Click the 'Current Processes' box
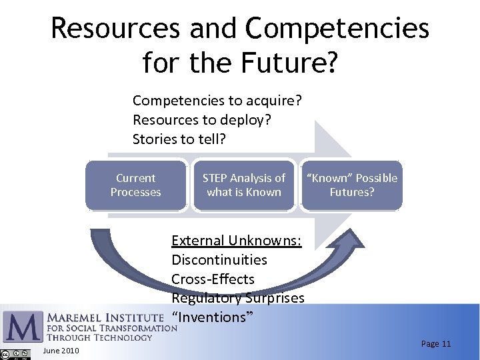pyautogui.click(x=136, y=185)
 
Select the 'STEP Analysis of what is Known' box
pyautogui.click(x=243, y=185)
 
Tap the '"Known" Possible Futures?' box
pyautogui.click(x=351, y=185)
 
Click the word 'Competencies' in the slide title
pyautogui.click(x=337, y=29)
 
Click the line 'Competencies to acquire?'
pyautogui.click(x=217, y=101)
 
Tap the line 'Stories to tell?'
pyautogui.click(x=179, y=139)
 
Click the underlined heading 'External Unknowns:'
pyautogui.click(x=236, y=241)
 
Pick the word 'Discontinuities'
pyautogui.click(x=219, y=260)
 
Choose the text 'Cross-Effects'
pyautogui.click(x=213, y=279)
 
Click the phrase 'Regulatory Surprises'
pyautogui.click(x=237, y=298)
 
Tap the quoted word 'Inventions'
pyautogui.click(x=212, y=317)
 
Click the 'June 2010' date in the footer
pyautogui.click(x=61, y=351)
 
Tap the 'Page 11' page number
pyautogui.click(x=436, y=344)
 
